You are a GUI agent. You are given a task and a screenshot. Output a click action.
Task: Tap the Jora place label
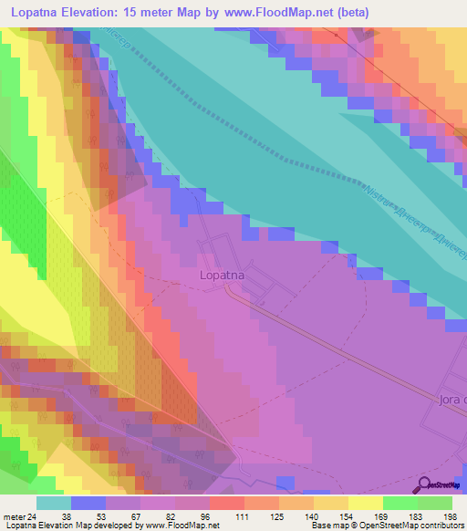[x=451, y=399]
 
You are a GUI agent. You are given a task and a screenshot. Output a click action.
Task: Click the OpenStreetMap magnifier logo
[x=422, y=484]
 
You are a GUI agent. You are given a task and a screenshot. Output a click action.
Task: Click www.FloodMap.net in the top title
[x=336, y=12]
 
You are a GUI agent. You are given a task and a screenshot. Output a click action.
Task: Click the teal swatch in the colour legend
[x=53, y=503]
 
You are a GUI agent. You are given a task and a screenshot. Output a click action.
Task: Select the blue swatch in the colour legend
[x=88, y=503]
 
